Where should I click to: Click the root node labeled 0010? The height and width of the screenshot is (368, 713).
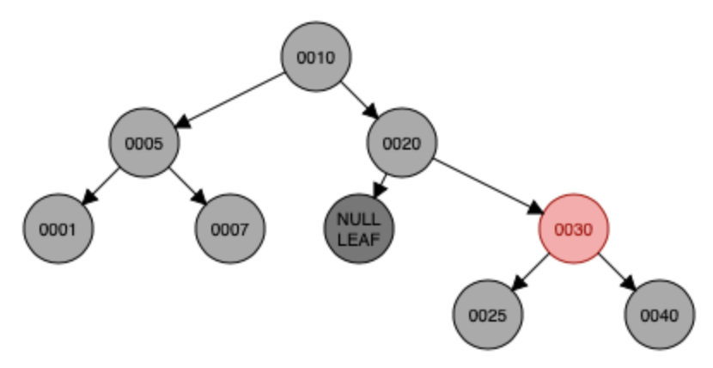tap(315, 58)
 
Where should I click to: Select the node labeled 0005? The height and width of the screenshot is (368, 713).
tap(143, 144)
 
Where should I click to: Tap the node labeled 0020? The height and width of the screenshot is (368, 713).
tap(401, 144)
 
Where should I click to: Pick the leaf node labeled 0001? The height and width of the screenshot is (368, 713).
tap(58, 230)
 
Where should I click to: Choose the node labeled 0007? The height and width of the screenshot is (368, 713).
tap(229, 230)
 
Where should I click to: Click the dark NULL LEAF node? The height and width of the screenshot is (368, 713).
tap(358, 230)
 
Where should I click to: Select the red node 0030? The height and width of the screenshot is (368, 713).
tap(573, 230)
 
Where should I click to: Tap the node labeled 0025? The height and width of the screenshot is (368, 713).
tap(487, 316)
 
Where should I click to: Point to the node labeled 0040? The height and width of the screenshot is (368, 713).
tap(659, 316)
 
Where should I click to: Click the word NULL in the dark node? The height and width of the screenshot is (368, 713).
tap(358, 221)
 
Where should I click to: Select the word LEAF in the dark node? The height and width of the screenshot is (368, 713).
tap(358, 239)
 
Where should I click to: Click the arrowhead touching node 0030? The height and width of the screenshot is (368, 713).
tap(533, 210)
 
